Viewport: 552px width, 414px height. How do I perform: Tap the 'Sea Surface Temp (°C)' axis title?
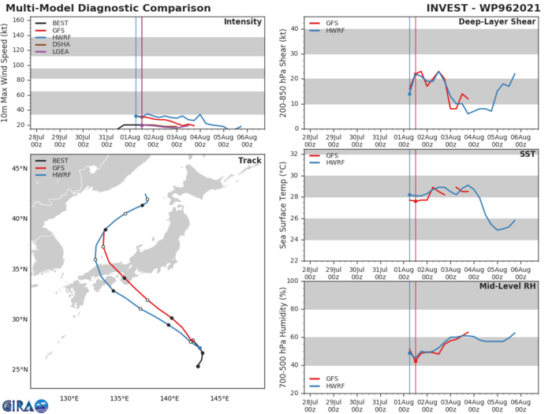(283, 207)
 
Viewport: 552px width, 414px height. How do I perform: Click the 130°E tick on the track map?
(70, 397)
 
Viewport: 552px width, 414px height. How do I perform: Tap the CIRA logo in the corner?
(24, 404)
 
